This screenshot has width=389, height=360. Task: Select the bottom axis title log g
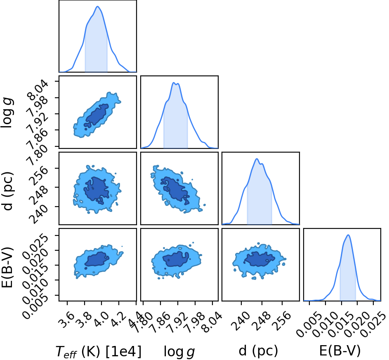click(179, 352)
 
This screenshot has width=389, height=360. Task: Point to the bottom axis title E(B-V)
click(339, 351)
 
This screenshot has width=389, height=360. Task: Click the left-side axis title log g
click(7, 113)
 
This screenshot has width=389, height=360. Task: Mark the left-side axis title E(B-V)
click(7, 267)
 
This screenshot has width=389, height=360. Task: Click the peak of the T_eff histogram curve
click(97, 7)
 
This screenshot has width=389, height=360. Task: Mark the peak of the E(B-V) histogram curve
click(348, 235)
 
